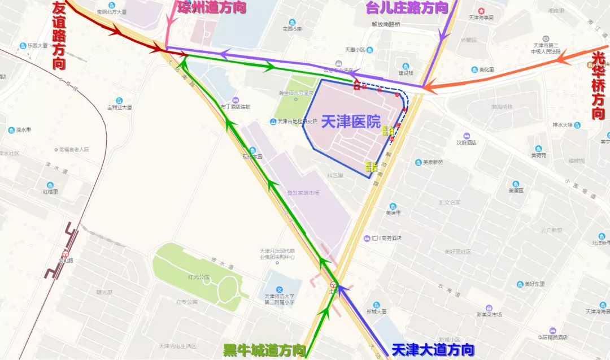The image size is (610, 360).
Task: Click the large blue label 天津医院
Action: [x=351, y=122]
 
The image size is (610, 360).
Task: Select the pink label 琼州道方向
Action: [x=212, y=8]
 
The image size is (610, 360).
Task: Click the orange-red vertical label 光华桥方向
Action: [x=598, y=85]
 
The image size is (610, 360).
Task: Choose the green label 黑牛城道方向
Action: [x=264, y=350]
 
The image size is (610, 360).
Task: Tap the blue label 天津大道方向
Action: [x=433, y=350]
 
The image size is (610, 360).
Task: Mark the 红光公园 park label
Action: [x=199, y=277]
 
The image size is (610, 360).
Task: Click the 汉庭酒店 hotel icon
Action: [x=467, y=136]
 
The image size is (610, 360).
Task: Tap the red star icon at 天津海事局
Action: [x=481, y=11]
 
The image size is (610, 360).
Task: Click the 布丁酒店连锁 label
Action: [x=236, y=107]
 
